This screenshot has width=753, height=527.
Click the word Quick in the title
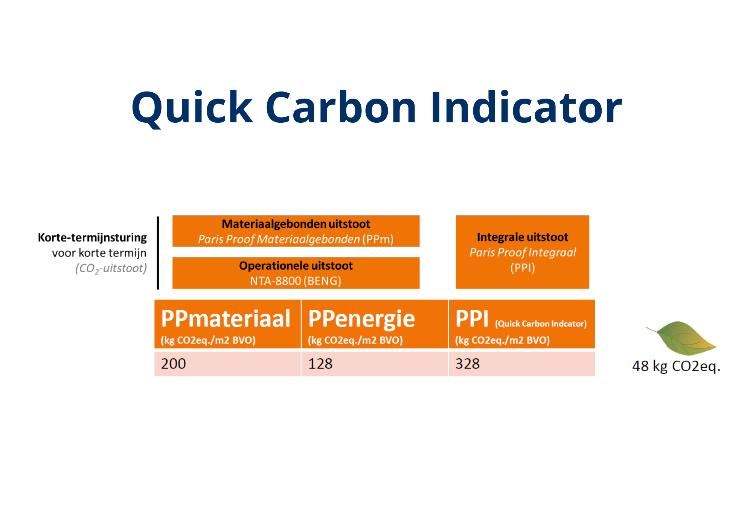tap(192, 108)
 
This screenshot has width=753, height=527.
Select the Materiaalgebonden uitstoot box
tap(296, 231)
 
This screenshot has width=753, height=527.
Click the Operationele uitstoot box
tap(296, 273)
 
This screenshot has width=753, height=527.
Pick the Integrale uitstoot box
tap(523, 252)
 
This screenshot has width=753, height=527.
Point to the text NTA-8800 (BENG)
tap(296, 281)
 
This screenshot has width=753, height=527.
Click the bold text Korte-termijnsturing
tap(92, 238)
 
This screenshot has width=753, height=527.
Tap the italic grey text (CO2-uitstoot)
tap(111, 268)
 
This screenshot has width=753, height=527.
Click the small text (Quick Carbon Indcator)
tap(541, 324)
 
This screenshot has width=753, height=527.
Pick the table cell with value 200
tap(228, 364)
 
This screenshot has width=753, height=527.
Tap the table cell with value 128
tap(375, 364)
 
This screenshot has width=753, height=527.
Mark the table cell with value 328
tap(522, 364)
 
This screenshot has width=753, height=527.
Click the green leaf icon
tap(681, 338)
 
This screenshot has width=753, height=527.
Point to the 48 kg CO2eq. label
tap(676, 366)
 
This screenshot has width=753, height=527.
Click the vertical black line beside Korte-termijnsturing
tap(158, 253)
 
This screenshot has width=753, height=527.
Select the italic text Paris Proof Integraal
tap(523, 252)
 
